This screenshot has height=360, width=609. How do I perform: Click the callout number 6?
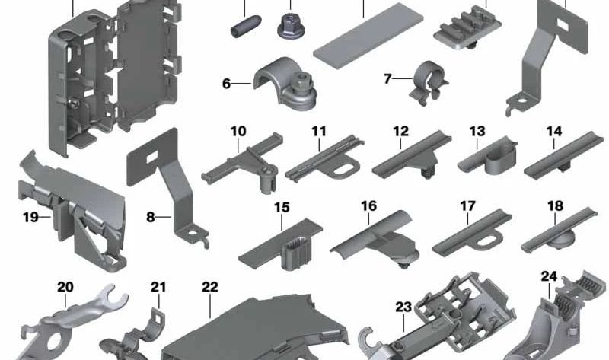226,84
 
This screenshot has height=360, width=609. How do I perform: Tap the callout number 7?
387,79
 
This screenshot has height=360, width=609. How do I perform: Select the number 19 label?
30,217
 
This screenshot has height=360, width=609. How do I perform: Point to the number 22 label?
210,287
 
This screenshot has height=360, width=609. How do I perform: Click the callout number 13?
477,131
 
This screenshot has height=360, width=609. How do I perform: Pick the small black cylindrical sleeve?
245,27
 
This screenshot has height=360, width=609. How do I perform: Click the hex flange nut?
291,26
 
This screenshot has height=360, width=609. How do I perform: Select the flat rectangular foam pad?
368,35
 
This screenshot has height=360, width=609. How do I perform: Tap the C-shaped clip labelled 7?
428,84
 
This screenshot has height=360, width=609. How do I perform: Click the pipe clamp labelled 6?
285,84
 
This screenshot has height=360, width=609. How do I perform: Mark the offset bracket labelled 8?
167,186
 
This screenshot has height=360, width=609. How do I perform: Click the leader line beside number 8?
164,217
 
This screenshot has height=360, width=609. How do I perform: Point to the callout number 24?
549,276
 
